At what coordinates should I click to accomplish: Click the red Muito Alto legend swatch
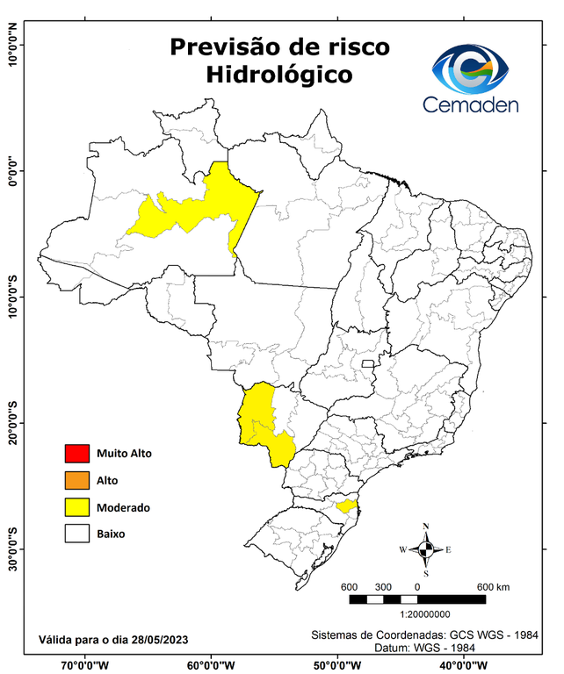click(x=76, y=454)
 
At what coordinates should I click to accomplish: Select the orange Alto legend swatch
click(x=76, y=480)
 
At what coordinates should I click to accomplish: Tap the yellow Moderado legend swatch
click(x=76, y=507)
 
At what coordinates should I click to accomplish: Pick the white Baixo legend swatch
click(x=76, y=534)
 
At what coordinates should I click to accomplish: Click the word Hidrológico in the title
click(x=279, y=75)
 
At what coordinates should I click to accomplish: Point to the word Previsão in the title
click(x=224, y=46)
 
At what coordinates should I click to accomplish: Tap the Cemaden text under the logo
click(x=470, y=105)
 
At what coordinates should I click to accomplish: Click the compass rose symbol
click(x=425, y=550)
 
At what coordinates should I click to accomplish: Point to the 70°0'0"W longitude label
click(x=84, y=665)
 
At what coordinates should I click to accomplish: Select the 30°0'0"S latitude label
click(x=12, y=549)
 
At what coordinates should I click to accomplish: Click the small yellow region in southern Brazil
click(x=345, y=506)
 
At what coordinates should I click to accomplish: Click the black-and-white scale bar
click(x=417, y=599)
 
